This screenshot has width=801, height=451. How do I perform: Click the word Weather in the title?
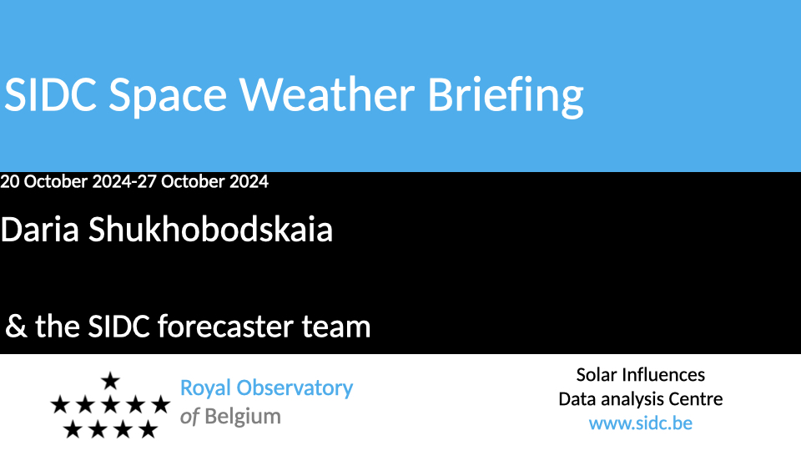pos(327,94)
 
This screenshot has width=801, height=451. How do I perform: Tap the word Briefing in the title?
pos(506,97)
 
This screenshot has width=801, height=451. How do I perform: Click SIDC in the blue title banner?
pos(50,94)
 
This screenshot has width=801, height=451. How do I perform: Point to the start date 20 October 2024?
pos(66,181)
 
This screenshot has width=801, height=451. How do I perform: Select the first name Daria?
pos(40,229)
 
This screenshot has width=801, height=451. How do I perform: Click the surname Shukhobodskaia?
pos(210,229)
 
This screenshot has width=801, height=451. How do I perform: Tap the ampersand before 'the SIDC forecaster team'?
pos(16,327)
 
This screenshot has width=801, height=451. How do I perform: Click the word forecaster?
pos(225,327)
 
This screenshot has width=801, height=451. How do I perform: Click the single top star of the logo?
pos(110,381)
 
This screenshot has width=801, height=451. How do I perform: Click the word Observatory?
pos(295,388)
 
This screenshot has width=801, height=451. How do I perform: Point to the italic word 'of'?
pos(189,417)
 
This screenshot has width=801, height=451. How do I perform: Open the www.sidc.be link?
pos(641,423)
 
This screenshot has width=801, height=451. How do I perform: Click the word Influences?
pos(668,375)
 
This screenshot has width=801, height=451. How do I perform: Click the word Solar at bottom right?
pos(602,375)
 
